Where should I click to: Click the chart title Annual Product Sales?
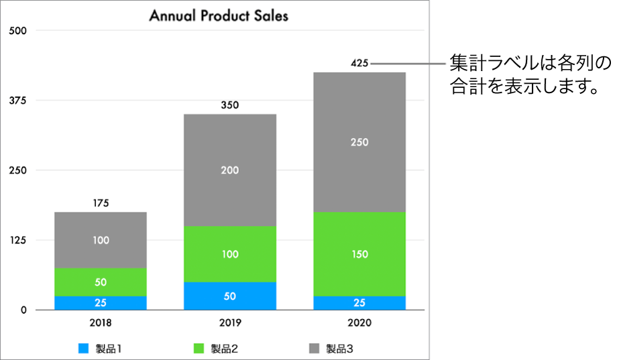point(219,15)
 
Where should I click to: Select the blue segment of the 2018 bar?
point(101,303)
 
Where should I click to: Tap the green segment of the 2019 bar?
point(230,254)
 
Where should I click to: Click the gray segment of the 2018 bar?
point(101,228)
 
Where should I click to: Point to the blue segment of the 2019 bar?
point(230,296)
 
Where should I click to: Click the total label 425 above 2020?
point(359,64)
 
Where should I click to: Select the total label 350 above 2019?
point(230,105)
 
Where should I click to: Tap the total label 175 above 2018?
point(101,203)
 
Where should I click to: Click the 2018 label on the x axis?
point(101,322)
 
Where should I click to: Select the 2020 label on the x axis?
point(359,322)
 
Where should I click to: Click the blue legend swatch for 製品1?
point(84,349)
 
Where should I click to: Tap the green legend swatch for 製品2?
point(199,349)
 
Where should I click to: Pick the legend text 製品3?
point(339,349)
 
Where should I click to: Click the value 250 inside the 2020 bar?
point(359,142)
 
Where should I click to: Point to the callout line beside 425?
point(409,64)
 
